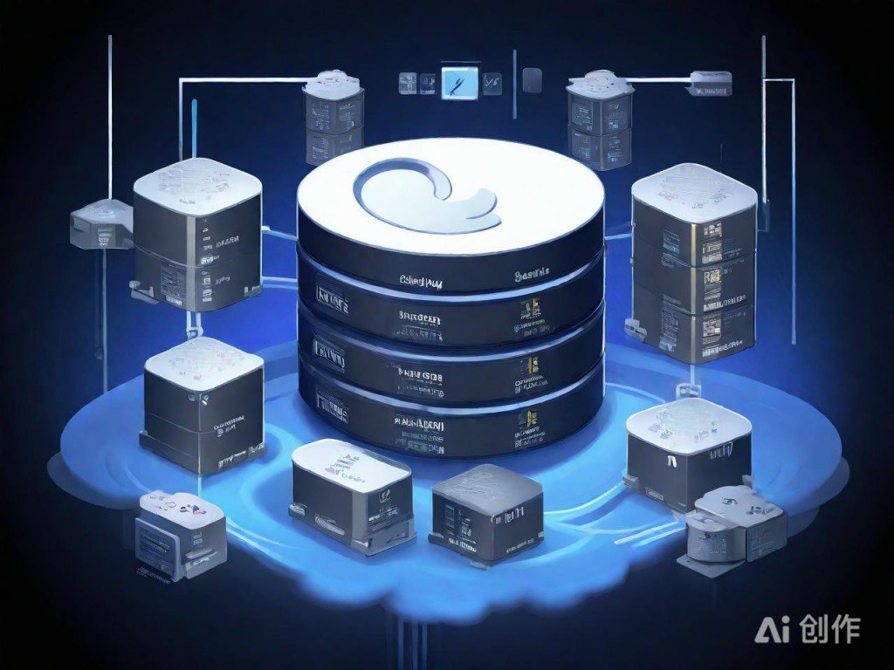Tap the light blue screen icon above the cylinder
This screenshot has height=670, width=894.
(x=457, y=82)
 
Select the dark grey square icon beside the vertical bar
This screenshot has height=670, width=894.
(x=532, y=81)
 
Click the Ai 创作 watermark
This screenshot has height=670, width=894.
(x=808, y=629)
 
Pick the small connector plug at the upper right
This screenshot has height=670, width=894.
(x=708, y=82)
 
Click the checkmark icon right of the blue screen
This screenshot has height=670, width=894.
(x=492, y=83)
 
